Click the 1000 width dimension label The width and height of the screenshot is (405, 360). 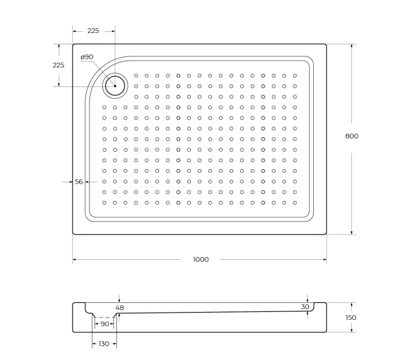click(200, 259)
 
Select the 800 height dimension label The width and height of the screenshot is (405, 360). click(352, 136)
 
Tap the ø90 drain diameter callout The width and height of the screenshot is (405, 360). click(87, 57)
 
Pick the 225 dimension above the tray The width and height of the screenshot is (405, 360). click(93, 31)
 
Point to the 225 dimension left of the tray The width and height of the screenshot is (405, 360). click(59, 65)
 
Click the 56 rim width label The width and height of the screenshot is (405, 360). click(79, 182)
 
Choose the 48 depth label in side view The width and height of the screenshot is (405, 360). click(119, 308)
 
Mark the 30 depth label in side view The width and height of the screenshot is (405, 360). click(305, 307)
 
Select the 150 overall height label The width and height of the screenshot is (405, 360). click(351, 317)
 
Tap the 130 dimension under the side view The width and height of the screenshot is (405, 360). click(104, 344)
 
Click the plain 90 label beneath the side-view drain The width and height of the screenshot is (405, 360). click(105, 324)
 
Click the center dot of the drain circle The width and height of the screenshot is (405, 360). click(115, 86)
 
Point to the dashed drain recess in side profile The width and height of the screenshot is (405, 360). click(105, 316)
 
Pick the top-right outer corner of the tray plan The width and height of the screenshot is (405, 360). click(326, 44)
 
